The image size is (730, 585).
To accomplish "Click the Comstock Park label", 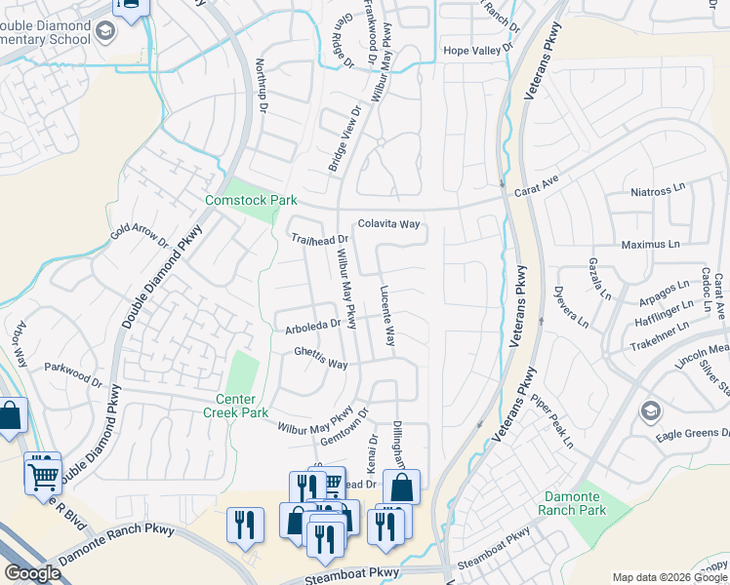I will (250, 201).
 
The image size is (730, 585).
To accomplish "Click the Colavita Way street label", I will (388, 223).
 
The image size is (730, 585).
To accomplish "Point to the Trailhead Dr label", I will (319, 239).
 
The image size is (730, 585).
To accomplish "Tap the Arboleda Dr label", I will (312, 324).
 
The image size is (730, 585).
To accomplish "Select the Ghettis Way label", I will (321, 364).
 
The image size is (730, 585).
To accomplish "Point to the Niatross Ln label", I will (660, 193).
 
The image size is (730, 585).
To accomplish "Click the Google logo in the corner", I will (33, 573).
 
